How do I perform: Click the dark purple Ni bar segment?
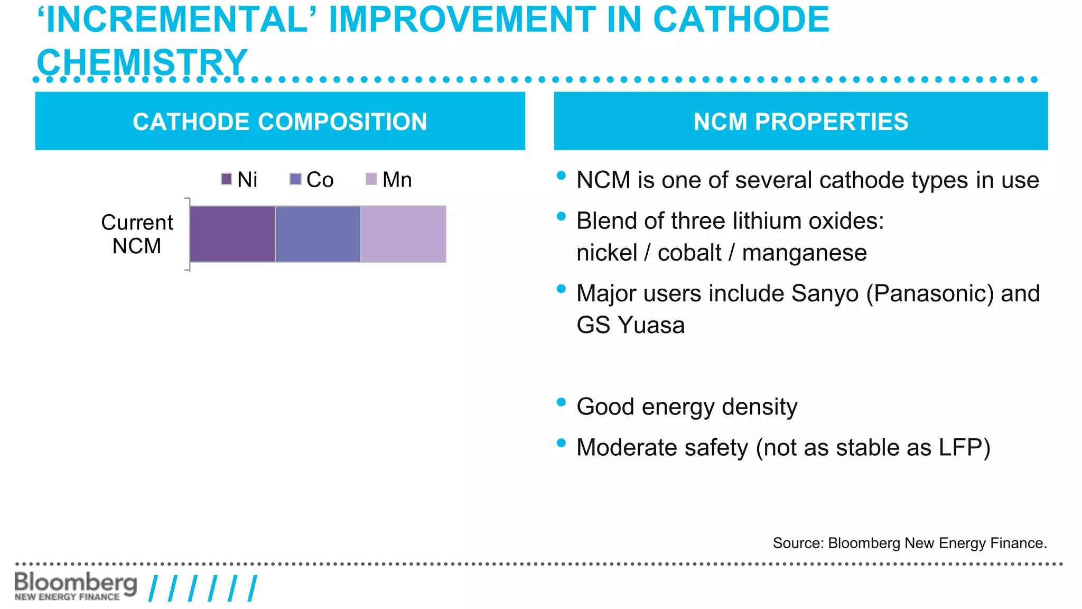coord(232,234)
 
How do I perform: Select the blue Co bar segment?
coord(318,234)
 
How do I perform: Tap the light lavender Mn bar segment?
coord(403,234)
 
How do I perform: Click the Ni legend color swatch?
coord(227,179)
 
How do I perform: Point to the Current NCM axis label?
coord(137,234)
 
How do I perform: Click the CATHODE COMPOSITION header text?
coord(280,122)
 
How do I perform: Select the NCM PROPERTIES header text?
coord(801,122)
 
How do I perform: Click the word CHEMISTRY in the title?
coord(142,62)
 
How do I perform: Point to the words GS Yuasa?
coord(630,325)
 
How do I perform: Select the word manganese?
coord(804,253)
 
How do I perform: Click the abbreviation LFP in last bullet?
coord(960,447)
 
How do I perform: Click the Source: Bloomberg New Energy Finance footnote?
coord(909,543)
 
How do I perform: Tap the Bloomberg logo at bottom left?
coord(76,586)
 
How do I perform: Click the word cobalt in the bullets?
coord(689,253)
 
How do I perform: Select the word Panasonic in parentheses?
coord(930,293)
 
